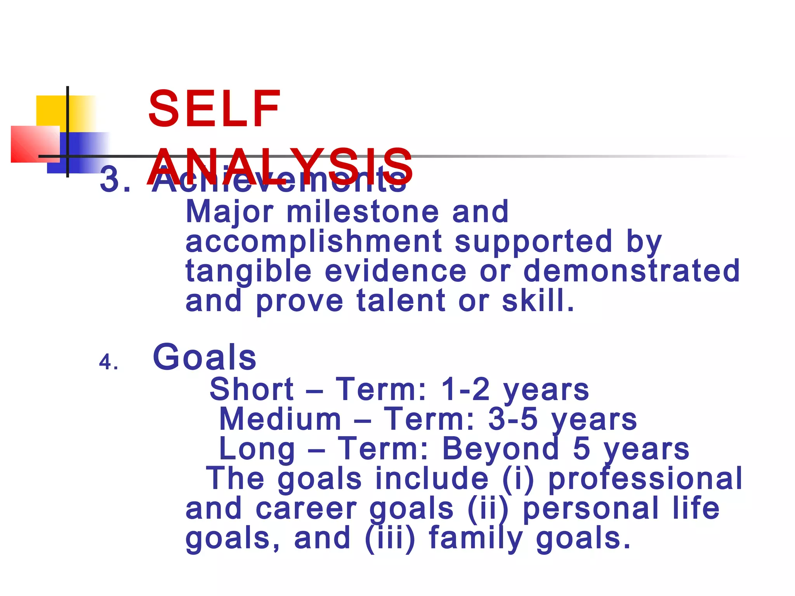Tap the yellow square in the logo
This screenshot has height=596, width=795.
(x=50, y=111)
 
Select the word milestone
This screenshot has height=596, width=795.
(x=363, y=212)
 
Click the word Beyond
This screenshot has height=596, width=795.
(x=501, y=449)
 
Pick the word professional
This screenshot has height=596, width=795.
(x=645, y=479)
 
